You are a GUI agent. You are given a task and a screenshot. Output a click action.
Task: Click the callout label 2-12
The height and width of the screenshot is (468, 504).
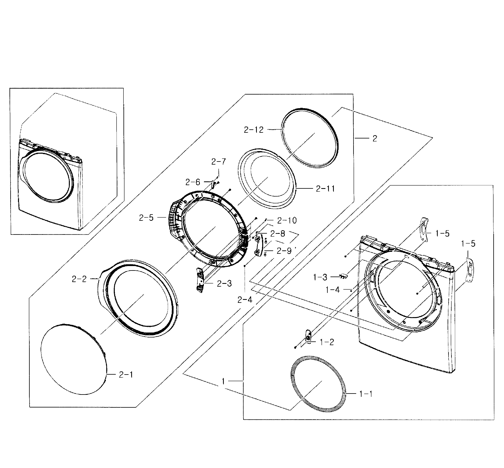tap(254, 130)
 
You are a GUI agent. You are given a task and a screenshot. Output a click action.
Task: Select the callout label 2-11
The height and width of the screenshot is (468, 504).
tap(325, 189)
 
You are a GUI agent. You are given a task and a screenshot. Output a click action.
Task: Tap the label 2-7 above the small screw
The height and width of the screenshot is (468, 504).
tap(218, 162)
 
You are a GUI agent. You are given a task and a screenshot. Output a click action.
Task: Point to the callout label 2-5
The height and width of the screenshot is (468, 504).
tap(146, 218)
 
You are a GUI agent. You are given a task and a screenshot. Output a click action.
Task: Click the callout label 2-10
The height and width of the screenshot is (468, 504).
tap(287, 220)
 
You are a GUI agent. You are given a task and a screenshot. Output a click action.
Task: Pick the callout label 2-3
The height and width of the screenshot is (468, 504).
tap(224, 283)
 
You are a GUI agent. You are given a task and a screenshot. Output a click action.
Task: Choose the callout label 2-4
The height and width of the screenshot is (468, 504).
tap(245, 300)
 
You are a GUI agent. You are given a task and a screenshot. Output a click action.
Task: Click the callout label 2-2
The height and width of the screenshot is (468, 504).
tap(79, 279)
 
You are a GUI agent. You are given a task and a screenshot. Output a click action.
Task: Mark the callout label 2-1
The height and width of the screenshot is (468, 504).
tap(126, 375)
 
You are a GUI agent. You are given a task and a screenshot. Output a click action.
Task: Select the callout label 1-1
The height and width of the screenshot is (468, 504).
tap(366, 394)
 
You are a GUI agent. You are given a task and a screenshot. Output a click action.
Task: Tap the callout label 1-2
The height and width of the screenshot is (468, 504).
tap(327, 342)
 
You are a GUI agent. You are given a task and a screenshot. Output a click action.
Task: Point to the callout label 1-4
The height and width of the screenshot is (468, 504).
tap(332, 289)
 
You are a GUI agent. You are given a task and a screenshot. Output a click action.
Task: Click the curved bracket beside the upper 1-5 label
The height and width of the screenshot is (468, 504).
tap(424, 229)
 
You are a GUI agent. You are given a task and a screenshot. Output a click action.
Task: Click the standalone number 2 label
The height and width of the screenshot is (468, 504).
tap(375, 138)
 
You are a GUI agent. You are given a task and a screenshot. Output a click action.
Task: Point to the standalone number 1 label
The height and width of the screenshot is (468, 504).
tap(223, 381)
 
